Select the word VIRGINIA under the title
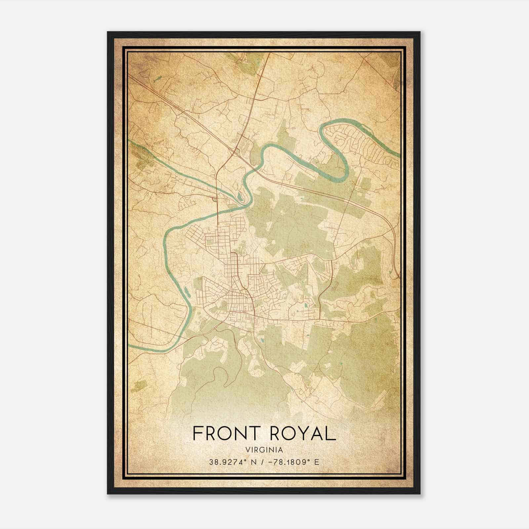(264, 450)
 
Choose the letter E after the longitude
(317, 462)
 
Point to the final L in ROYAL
(331, 433)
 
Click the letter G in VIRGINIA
(264, 450)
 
